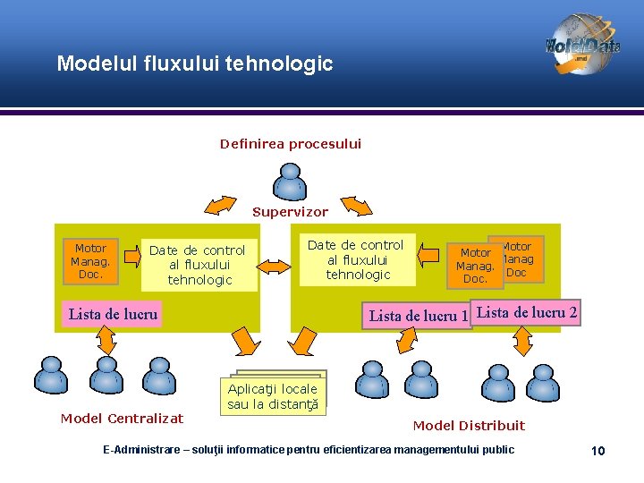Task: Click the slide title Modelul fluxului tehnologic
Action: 194,64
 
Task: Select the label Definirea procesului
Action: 291,143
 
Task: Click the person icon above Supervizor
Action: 290,182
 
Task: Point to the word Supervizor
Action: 290,213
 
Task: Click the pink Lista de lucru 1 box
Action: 418,316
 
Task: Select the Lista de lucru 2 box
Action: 527,312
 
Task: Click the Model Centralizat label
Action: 122,419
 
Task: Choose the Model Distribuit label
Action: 469,426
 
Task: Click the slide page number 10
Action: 598,450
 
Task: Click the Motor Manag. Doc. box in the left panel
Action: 90,261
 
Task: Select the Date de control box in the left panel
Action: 199,265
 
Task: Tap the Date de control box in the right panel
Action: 356,259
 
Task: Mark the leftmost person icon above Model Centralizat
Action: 50,377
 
